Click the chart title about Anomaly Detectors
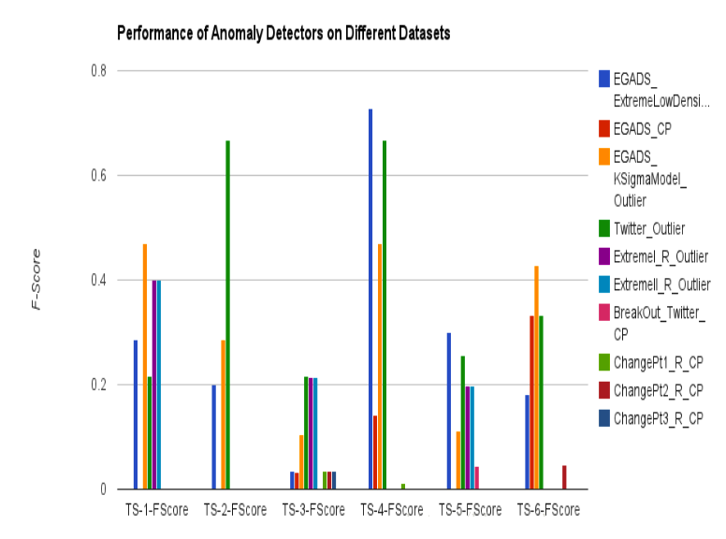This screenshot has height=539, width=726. (283, 34)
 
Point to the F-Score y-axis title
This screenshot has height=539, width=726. (36, 279)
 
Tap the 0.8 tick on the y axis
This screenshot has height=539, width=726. (98, 71)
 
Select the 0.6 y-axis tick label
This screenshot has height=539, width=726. (98, 176)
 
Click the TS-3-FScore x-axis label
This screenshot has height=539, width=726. (313, 510)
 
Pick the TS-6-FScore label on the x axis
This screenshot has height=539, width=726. (548, 510)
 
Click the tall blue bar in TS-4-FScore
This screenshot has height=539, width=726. (370, 299)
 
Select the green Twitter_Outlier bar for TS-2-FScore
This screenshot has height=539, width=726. (227, 314)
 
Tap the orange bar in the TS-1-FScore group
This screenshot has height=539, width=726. (145, 366)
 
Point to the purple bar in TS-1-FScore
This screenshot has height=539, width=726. (154, 385)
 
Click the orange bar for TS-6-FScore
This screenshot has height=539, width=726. (537, 377)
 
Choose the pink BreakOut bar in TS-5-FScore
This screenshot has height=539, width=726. (477, 478)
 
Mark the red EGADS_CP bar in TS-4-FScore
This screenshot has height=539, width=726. (375, 452)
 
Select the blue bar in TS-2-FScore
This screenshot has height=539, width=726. (214, 437)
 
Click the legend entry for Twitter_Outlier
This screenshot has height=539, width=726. (642, 228)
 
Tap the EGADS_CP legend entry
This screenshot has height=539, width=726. (635, 129)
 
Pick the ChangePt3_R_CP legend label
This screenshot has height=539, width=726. (659, 418)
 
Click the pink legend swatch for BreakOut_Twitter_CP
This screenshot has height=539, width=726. (604, 313)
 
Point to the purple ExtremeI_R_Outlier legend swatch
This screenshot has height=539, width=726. (604, 256)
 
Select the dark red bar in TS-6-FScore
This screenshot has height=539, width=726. (564, 477)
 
